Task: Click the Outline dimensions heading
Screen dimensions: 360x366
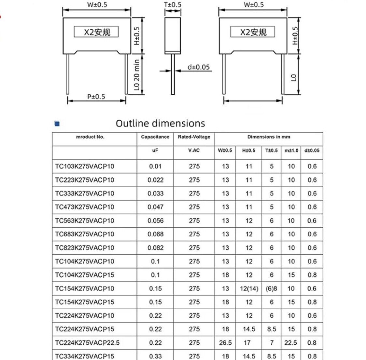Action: click(x=160, y=124)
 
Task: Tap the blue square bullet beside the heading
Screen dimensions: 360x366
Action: click(x=57, y=124)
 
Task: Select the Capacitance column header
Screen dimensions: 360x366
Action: click(x=155, y=137)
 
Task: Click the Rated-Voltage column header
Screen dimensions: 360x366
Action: click(x=194, y=137)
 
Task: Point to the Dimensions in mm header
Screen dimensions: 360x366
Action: click(x=269, y=137)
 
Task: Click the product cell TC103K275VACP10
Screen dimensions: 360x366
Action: click(x=85, y=167)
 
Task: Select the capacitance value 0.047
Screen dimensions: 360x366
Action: click(x=155, y=207)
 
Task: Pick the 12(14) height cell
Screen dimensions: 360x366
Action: click(x=249, y=288)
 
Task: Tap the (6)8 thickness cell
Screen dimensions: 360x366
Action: click(x=271, y=288)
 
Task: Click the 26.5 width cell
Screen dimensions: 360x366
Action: click(x=225, y=342)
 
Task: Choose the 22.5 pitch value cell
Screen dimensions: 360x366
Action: click(x=291, y=342)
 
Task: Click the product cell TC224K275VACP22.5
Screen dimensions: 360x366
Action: click(x=87, y=342)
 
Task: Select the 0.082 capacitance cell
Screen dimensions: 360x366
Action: click(x=155, y=248)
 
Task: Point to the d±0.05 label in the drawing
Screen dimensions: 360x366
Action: click(x=199, y=67)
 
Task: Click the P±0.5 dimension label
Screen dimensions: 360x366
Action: click(x=96, y=97)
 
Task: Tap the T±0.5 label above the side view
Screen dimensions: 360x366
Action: click(x=173, y=5)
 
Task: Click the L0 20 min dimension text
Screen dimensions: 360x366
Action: click(x=137, y=75)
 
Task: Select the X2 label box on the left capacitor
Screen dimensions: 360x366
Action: click(x=96, y=32)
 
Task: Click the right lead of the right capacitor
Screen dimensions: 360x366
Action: click(x=283, y=74)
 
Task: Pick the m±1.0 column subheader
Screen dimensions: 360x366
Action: click(x=291, y=151)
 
